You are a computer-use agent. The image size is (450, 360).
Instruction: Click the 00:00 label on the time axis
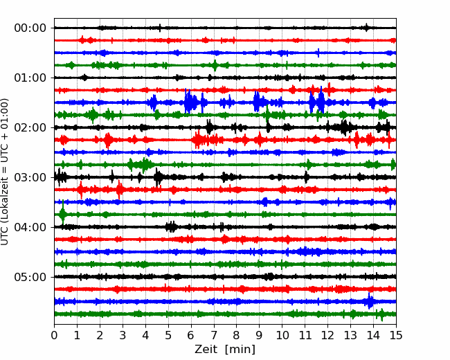pos(30,28)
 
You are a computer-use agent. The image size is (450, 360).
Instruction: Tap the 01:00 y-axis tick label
pos(30,78)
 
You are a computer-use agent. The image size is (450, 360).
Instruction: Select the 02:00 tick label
pos(30,127)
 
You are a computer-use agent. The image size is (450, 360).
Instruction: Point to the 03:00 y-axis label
pos(30,177)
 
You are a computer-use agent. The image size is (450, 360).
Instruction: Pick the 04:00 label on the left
pos(30,227)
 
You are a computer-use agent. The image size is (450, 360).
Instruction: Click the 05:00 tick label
pos(30,277)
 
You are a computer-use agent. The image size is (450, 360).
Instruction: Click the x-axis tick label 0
pos(54,335)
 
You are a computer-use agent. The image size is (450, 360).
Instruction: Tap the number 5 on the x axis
pos(168,335)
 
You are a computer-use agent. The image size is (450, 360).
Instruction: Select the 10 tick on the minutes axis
pos(282,335)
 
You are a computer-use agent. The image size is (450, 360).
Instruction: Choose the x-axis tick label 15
pos(396,335)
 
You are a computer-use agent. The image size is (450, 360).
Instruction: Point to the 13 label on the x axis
pos(350,335)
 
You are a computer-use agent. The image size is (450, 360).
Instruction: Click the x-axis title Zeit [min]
pos(225,350)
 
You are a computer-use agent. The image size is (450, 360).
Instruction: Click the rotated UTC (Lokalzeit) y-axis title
pos(5,172)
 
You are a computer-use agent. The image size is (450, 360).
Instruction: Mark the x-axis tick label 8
pos(237,335)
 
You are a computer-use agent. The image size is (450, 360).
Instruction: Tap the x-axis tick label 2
pos(100,335)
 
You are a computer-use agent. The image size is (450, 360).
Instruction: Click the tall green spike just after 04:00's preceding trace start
pos(63,213)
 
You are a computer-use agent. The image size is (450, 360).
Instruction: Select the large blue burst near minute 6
pos(190,102)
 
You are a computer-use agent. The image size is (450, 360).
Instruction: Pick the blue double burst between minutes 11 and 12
pos(317,100)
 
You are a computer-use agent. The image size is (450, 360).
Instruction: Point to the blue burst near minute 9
pos(257,101)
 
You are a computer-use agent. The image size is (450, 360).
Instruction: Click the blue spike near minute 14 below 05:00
pos(370,301)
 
